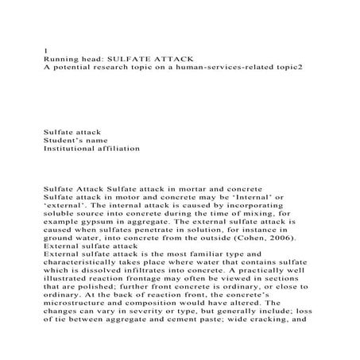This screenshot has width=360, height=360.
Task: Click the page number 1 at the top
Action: point(45,50)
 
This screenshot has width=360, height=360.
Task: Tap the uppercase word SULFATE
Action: point(133,59)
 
